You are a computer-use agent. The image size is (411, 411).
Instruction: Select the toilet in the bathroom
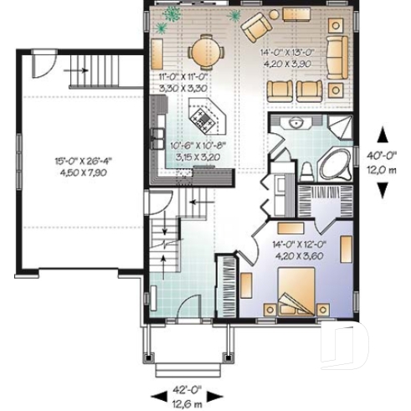click(306, 171)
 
